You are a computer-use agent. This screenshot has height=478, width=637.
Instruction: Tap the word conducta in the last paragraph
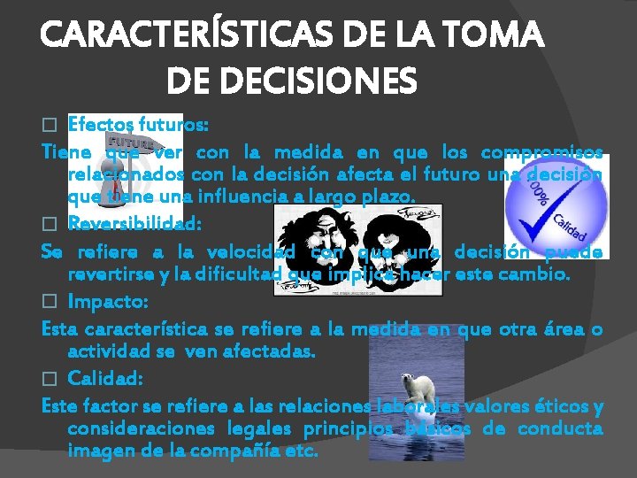560,429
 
